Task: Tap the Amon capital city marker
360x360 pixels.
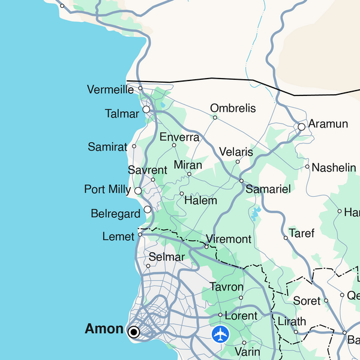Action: [134, 331]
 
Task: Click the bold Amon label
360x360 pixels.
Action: [104, 328]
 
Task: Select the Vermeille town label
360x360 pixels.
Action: [110, 89]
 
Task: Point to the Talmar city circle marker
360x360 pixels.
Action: [146, 110]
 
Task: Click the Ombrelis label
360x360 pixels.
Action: [233, 109]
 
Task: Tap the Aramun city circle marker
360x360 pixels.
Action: [302, 127]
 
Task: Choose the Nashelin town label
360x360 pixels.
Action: [334, 167]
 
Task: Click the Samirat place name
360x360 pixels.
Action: [107, 146]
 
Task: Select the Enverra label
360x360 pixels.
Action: [179, 137]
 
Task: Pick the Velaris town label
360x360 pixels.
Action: [236, 152]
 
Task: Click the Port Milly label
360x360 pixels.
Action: [107, 190]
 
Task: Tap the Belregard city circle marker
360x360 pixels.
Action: [148, 210]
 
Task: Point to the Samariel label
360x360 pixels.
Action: [268, 189]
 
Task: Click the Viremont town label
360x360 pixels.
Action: [229, 239]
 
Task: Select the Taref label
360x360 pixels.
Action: [301, 233]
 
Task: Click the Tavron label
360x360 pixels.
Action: [226, 287]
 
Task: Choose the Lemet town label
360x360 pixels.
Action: [118, 236]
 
